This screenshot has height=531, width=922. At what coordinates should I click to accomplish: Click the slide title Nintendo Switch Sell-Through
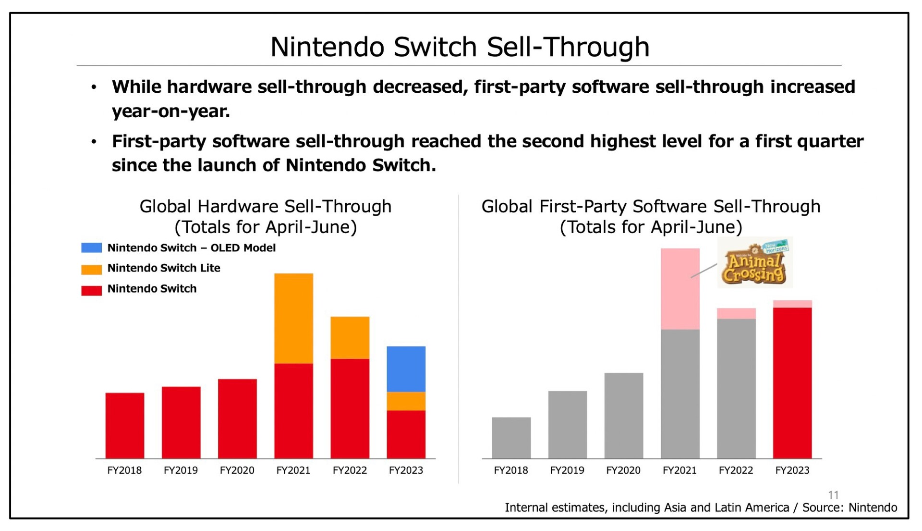click(x=460, y=47)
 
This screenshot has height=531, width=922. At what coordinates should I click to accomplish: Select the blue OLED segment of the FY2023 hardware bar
click(x=406, y=369)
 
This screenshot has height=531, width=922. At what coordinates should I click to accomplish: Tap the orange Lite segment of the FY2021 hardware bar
click(x=293, y=318)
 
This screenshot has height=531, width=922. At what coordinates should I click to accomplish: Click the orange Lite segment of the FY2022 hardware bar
click(x=350, y=337)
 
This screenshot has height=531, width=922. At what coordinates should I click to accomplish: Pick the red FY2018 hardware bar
click(x=125, y=425)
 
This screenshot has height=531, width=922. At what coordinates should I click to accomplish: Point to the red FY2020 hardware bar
click(x=237, y=419)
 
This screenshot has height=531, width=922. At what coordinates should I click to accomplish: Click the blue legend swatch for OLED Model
click(x=91, y=248)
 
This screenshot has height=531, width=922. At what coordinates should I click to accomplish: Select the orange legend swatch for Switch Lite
click(x=91, y=269)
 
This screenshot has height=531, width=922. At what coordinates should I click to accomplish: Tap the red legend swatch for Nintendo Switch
click(x=91, y=290)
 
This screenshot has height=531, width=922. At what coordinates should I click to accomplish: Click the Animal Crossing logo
click(x=754, y=263)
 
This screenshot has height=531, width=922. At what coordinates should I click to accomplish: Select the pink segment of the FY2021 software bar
click(x=680, y=288)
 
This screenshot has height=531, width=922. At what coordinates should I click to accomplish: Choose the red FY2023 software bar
click(x=792, y=383)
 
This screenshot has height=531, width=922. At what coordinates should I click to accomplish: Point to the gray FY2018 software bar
click(x=511, y=438)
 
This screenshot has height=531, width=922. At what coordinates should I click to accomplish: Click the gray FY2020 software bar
click(x=624, y=415)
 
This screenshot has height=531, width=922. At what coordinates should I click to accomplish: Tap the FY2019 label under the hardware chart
click(x=181, y=470)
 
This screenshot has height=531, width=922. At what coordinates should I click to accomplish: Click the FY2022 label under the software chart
click(x=736, y=470)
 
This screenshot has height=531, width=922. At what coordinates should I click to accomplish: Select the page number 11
click(x=833, y=495)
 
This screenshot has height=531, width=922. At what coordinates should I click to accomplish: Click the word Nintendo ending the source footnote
click(x=873, y=508)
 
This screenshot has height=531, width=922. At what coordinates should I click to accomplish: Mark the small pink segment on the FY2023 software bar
click(x=792, y=304)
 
